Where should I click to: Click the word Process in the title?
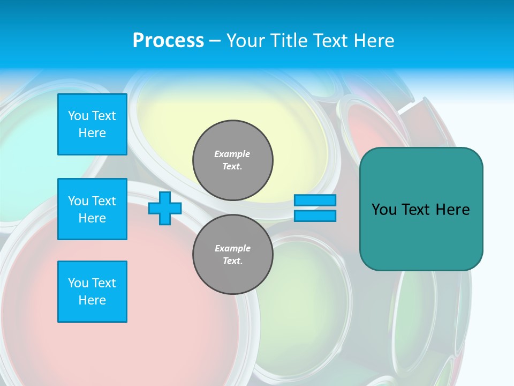coord(168,41)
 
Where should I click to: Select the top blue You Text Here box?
coord(92,124)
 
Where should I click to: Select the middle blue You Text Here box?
coord(92,209)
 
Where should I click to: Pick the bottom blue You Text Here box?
coord(92,292)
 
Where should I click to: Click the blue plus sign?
coord(165,209)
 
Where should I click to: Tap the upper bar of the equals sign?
coord(315,201)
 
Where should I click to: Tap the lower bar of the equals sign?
coord(315,216)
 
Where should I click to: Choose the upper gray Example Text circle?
coord(233,160)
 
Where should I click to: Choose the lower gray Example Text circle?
coord(233,255)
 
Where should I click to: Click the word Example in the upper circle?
coord(232,154)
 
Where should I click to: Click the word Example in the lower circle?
coord(232,248)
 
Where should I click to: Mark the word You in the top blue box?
coord(78,116)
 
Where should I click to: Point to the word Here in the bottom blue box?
coord(92,300)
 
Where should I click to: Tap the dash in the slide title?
coord(215,41)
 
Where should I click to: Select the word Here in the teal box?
coord(452,210)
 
